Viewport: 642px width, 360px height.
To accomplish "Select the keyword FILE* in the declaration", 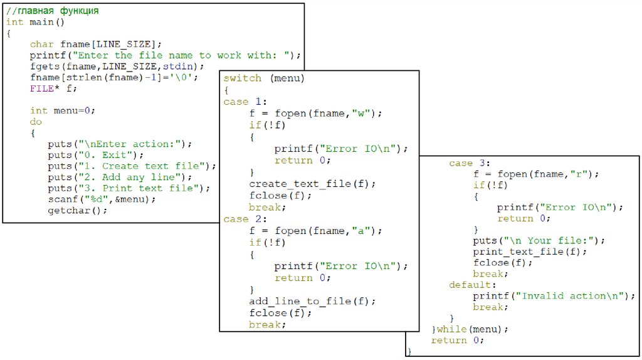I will [x=41, y=88].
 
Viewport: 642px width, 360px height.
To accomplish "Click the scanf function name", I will [x=61, y=199].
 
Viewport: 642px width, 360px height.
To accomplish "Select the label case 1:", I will [x=245, y=102].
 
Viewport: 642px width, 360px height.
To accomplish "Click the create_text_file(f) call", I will [x=312, y=184].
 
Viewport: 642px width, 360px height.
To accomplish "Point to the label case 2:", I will [x=245, y=219].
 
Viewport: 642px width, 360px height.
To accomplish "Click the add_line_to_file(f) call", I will [x=312, y=302].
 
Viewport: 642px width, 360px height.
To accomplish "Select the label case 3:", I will [x=470, y=163].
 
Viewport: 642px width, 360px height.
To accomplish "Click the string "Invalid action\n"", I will [x=574, y=296].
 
